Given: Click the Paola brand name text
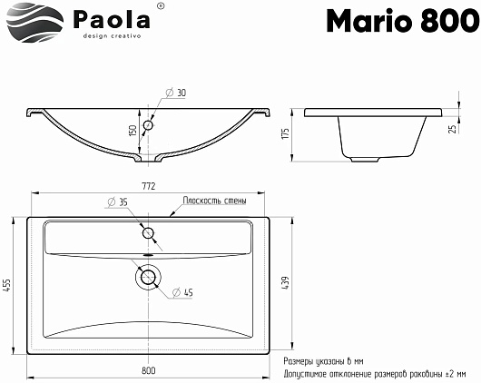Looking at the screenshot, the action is pyautogui.click(x=112, y=19).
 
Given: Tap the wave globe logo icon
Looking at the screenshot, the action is pyautogui.click(x=35, y=22).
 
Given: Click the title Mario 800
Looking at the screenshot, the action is pyautogui.click(x=403, y=20).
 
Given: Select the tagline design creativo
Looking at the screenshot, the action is pyautogui.click(x=112, y=36).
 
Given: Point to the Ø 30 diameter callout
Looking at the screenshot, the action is pyautogui.click(x=176, y=93).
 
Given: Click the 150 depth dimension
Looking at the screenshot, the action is pyautogui.click(x=133, y=131).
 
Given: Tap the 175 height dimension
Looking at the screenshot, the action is pyautogui.click(x=285, y=133).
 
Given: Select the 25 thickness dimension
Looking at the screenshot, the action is pyautogui.click(x=453, y=129).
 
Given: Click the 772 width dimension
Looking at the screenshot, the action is pyautogui.click(x=149, y=186).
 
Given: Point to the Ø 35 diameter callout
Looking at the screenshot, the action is pyautogui.click(x=117, y=201).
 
